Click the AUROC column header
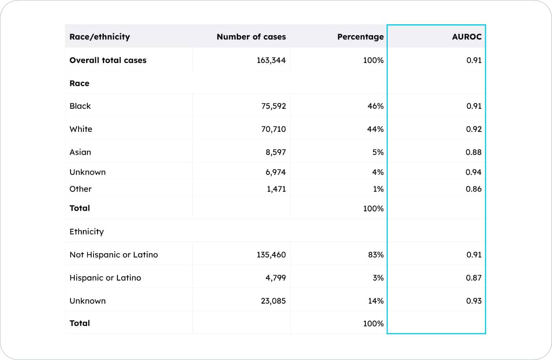466,37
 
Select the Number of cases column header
251,37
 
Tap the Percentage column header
360,37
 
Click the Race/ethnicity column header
99,37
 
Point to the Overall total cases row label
108,60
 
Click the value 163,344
271,60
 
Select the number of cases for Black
273,106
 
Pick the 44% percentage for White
375,129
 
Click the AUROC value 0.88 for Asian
473,152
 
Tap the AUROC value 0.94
473,172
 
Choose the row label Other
80,189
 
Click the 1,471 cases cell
276,189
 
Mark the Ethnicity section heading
87,232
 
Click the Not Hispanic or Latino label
114,255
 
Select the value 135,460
271,255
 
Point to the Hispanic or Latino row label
105,278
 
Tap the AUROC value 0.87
473,278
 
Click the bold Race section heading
79,83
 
